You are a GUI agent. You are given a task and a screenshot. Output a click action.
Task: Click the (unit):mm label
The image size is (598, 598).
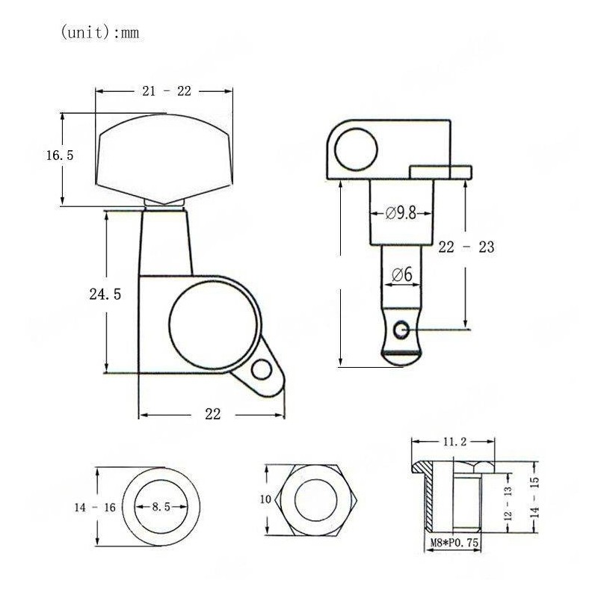[99, 34]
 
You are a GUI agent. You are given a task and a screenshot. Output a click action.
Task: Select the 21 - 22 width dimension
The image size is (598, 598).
[167, 91]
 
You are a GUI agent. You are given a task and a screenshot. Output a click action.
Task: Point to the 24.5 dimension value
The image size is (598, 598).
[105, 294]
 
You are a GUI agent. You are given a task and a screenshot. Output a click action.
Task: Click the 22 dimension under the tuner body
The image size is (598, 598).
[213, 415]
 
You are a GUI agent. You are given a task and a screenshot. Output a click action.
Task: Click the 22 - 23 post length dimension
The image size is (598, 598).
[466, 247]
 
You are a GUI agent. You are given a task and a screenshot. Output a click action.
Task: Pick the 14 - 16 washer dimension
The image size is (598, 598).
[94, 508]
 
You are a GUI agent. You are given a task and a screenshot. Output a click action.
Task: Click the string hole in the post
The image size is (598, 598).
[404, 328]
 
